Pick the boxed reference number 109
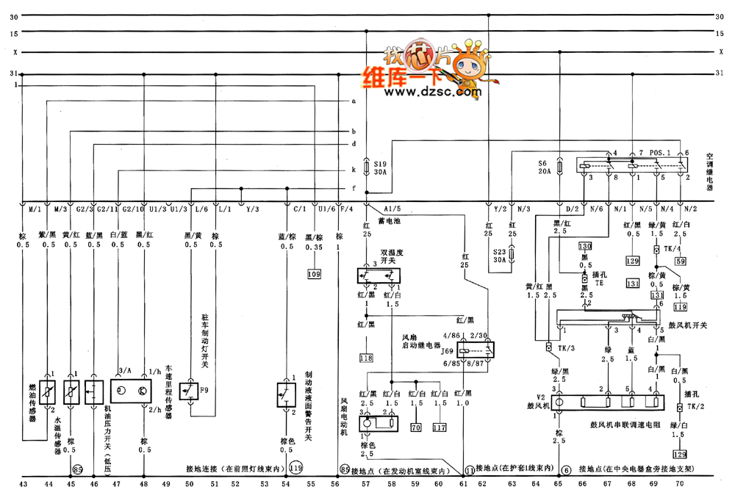[x=315, y=273]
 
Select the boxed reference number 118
[x=366, y=358]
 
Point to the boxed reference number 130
[x=585, y=247]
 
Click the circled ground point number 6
[x=566, y=469]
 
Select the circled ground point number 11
[x=470, y=469]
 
